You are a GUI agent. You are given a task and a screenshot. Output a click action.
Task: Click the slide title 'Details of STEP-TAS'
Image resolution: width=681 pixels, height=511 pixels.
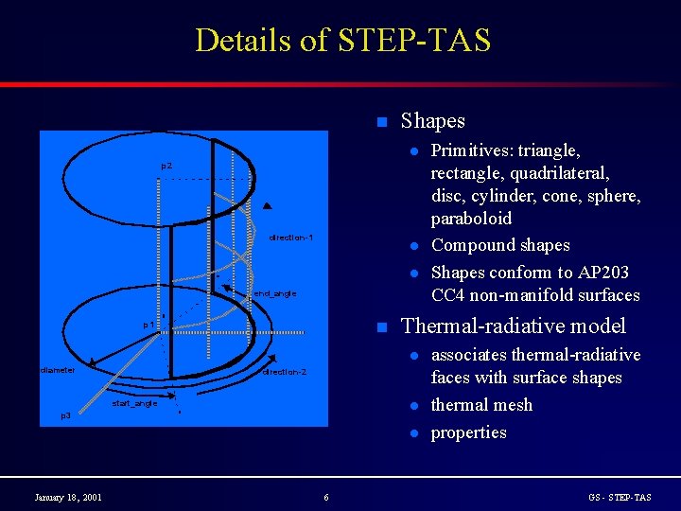coord(342,41)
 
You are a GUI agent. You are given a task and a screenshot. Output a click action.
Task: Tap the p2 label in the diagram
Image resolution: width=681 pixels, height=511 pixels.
coord(166,167)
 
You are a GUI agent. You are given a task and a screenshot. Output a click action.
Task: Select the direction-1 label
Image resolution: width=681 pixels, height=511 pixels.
coord(290,238)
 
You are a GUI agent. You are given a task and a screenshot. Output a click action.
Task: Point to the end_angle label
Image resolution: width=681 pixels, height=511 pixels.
coord(275,293)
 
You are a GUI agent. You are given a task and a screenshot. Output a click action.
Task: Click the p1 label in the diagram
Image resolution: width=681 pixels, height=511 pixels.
coord(148,325)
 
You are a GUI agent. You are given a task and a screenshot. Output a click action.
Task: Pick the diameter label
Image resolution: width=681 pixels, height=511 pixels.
coord(58,370)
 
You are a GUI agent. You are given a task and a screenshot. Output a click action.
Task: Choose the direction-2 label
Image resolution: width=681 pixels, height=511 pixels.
coord(285,372)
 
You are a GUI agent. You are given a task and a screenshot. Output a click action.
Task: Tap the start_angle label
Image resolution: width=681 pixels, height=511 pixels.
coord(134,404)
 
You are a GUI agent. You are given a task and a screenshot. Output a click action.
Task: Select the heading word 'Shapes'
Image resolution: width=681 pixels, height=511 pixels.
coord(432,121)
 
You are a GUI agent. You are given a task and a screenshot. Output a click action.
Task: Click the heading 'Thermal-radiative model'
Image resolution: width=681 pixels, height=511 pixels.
coord(513,326)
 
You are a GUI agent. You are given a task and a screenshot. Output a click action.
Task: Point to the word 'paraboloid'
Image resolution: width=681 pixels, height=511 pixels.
coord(471,219)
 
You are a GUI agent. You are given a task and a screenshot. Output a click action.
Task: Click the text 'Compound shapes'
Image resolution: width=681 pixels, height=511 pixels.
coord(500,245)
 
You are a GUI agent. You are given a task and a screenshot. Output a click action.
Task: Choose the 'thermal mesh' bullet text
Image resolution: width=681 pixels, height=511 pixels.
coord(481,405)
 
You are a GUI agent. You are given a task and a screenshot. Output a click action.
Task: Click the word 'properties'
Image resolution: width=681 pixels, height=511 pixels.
coord(469,432)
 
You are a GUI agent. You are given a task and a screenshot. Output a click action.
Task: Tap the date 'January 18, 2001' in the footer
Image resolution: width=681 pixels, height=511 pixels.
coord(68,498)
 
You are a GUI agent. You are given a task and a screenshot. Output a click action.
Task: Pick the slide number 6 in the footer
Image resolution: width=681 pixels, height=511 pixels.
coord(326,498)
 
